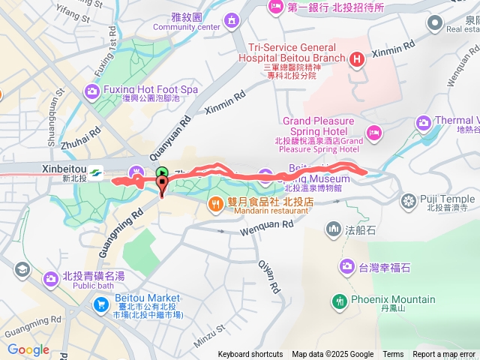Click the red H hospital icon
pyautogui.click(x=358, y=58)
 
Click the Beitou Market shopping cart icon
pyautogui.click(x=101, y=304)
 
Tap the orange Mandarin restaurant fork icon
pyautogui.click(x=215, y=202)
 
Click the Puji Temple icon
pyautogui.click(x=409, y=200)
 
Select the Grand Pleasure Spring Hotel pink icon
pyautogui.click(x=374, y=133)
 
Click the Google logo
pyautogui.click(x=28, y=349)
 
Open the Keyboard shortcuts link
pyautogui.click(x=250, y=355)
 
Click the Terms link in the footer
pyautogui.click(x=393, y=355)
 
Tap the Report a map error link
pyautogui.click(x=445, y=355)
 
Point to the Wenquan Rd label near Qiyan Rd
pyautogui.click(x=263, y=221)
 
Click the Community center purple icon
pyautogui.click(x=230, y=17)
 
